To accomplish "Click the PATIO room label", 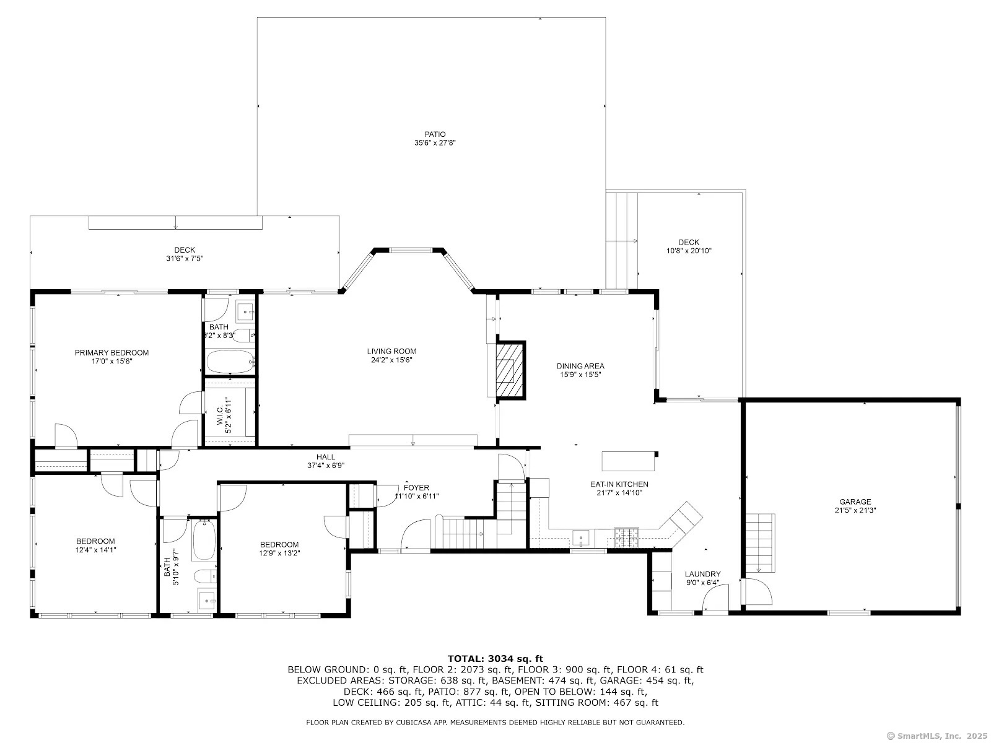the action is [435, 134].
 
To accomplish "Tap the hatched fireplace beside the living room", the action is [511, 370].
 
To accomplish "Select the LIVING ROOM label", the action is [391, 351].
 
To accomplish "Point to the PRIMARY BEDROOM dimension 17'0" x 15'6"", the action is [111, 361].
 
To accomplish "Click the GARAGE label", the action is [855, 502].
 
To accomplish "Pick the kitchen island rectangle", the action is [629, 461].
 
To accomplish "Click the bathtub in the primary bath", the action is [230, 362].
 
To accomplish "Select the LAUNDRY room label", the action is [702, 574].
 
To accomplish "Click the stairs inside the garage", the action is [760, 543].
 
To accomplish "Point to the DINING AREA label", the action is [580, 366].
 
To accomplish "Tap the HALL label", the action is [326, 457].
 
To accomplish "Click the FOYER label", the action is [416, 488].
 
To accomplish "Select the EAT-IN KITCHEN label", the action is [619, 484].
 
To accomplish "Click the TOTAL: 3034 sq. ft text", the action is [495, 659].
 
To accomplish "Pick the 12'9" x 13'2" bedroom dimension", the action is [279, 553].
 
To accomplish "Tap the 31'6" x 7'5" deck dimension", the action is [185, 258].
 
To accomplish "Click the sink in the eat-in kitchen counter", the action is [581, 537].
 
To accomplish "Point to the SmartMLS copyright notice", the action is [938, 736].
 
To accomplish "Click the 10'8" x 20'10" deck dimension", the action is [689, 251].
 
